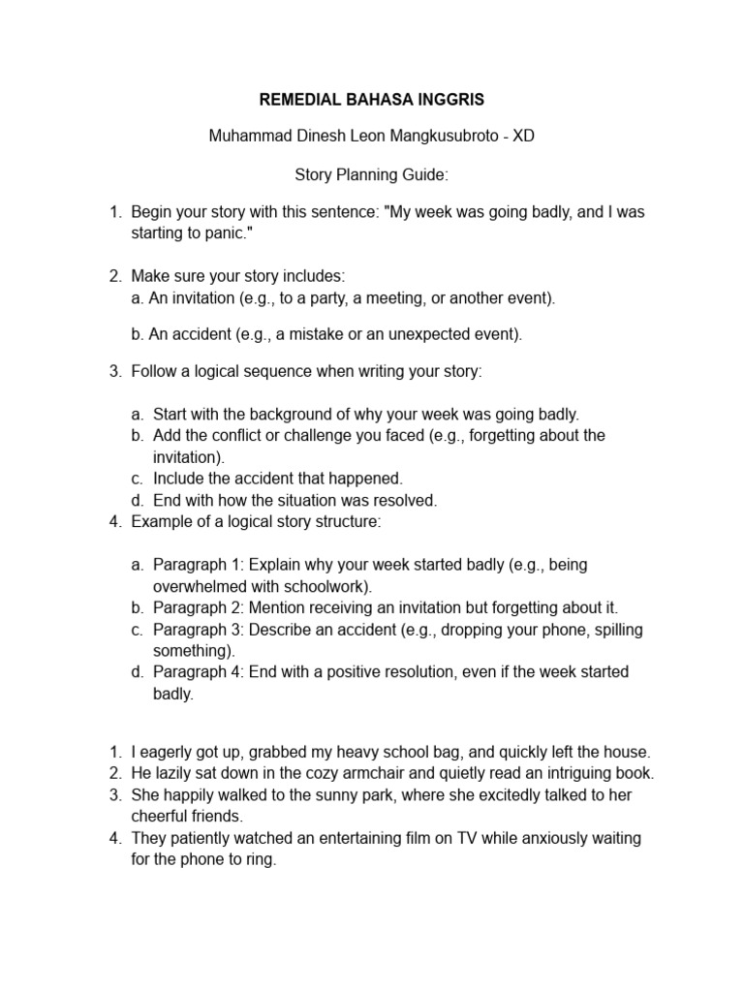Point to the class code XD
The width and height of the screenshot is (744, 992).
coord(523,137)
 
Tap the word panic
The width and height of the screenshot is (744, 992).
coord(231,234)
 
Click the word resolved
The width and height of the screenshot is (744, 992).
coord(407,501)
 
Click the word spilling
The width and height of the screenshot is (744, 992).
coord(613,630)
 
